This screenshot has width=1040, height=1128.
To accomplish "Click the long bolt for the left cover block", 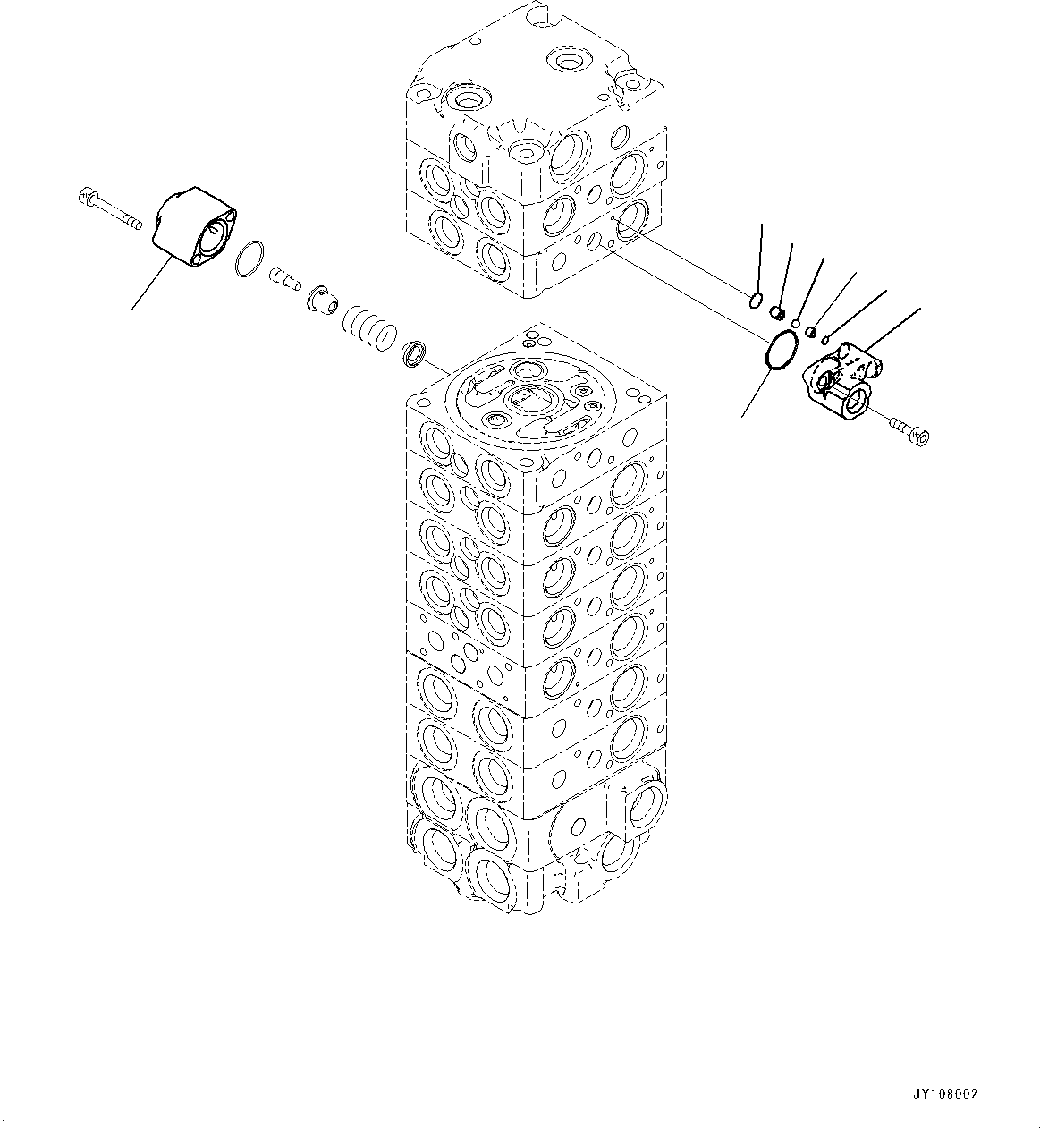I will click(x=109, y=207).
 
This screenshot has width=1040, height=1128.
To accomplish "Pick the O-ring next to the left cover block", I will click(x=249, y=259).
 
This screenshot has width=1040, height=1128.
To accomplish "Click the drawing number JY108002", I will click(x=944, y=1094).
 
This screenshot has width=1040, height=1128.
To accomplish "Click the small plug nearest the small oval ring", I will click(x=778, y=311).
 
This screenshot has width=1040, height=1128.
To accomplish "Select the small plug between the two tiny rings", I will click(x=811, y=332).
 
